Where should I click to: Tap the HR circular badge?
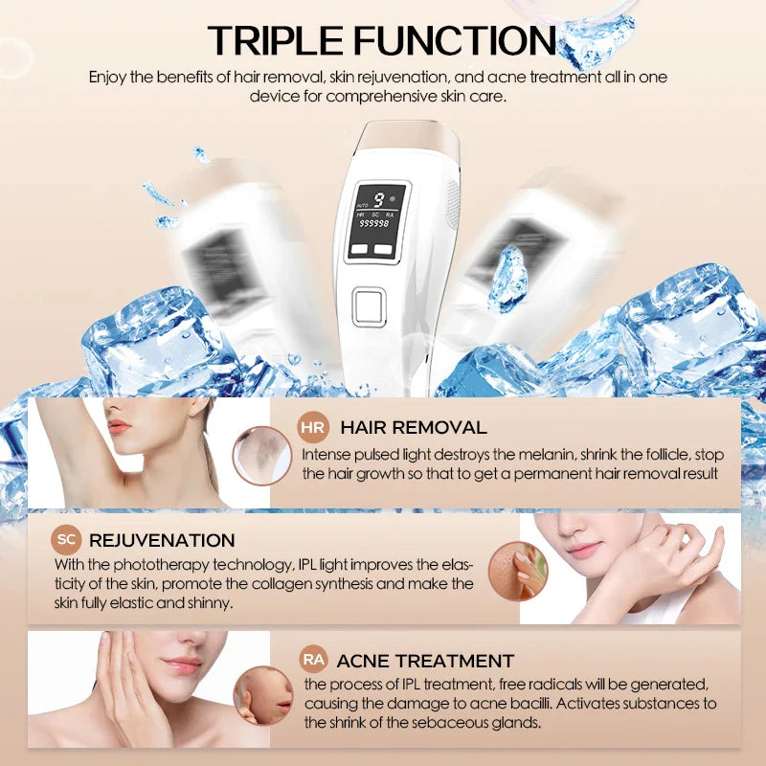tap(313, 427)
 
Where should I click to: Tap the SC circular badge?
tap(67, 540)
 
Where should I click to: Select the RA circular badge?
tap(313, 660)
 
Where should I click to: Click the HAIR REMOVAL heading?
tap(414, 428)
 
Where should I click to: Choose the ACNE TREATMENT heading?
tap(426, 661)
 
